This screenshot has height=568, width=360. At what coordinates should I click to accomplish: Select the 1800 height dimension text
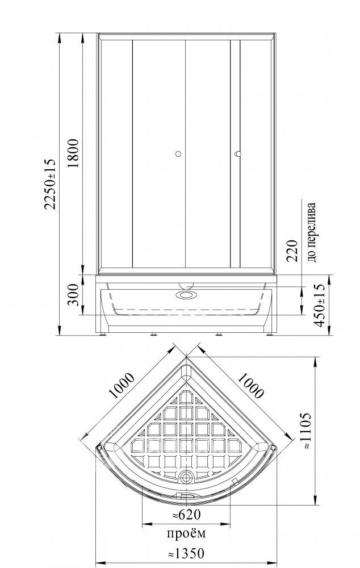[x=73, y=152]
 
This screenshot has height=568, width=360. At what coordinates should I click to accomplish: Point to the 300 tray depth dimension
[x=73, y=294]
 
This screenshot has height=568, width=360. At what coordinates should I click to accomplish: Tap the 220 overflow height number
[x=291, y=250]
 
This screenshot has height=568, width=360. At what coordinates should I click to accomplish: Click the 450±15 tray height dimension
[x=320, y=306]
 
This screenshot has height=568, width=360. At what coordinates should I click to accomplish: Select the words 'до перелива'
[x=312, y=232]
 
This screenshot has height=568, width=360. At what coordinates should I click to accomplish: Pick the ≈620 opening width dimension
[x=186, y=513]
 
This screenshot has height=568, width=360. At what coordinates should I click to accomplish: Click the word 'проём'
[x=186, y=533]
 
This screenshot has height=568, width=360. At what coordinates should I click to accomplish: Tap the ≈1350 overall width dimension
[x=186, y=553]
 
